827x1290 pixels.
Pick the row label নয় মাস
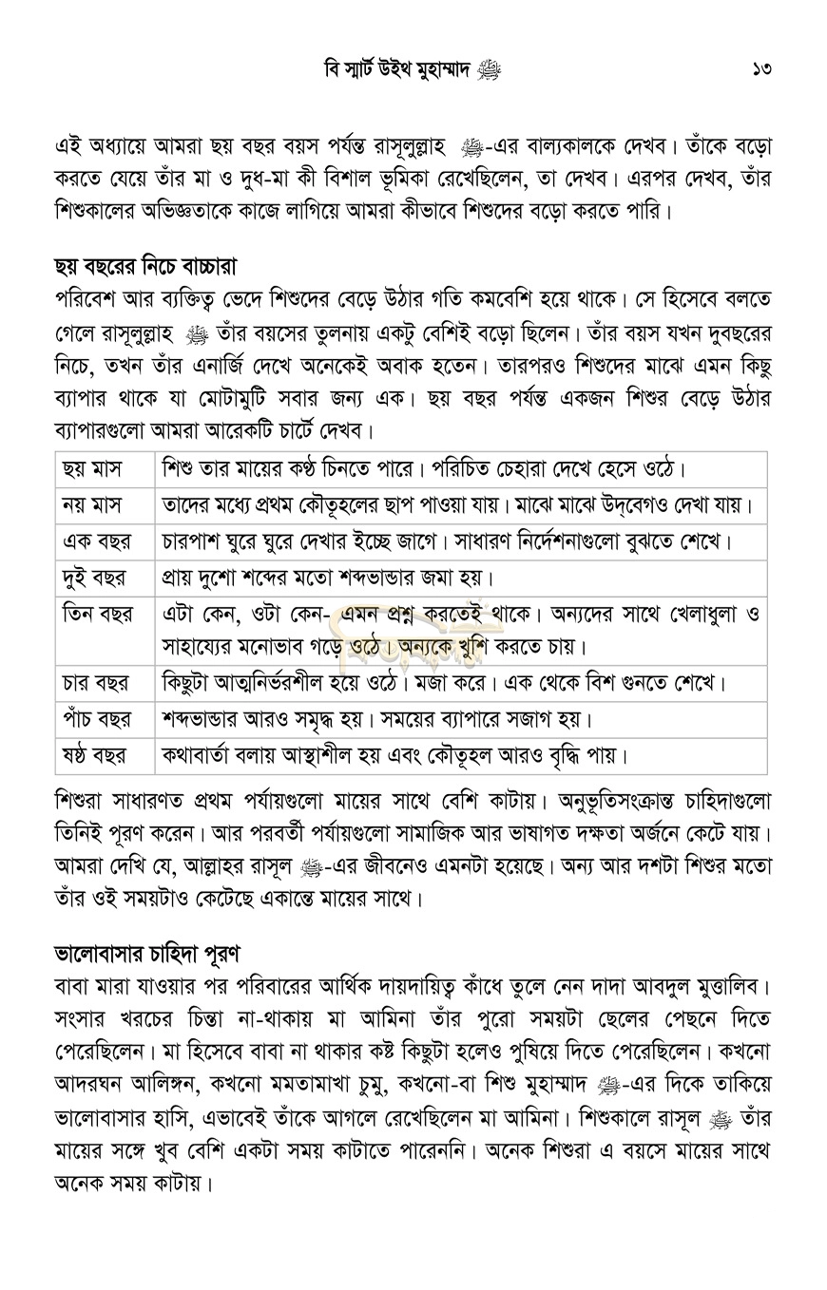[x=92, y=504]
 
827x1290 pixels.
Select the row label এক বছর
[x=96, y=541]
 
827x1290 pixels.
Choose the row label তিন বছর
[x=99, y=614]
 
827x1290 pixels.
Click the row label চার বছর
[x=95, y=683]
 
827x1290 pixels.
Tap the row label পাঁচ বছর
[x=97, y=719]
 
